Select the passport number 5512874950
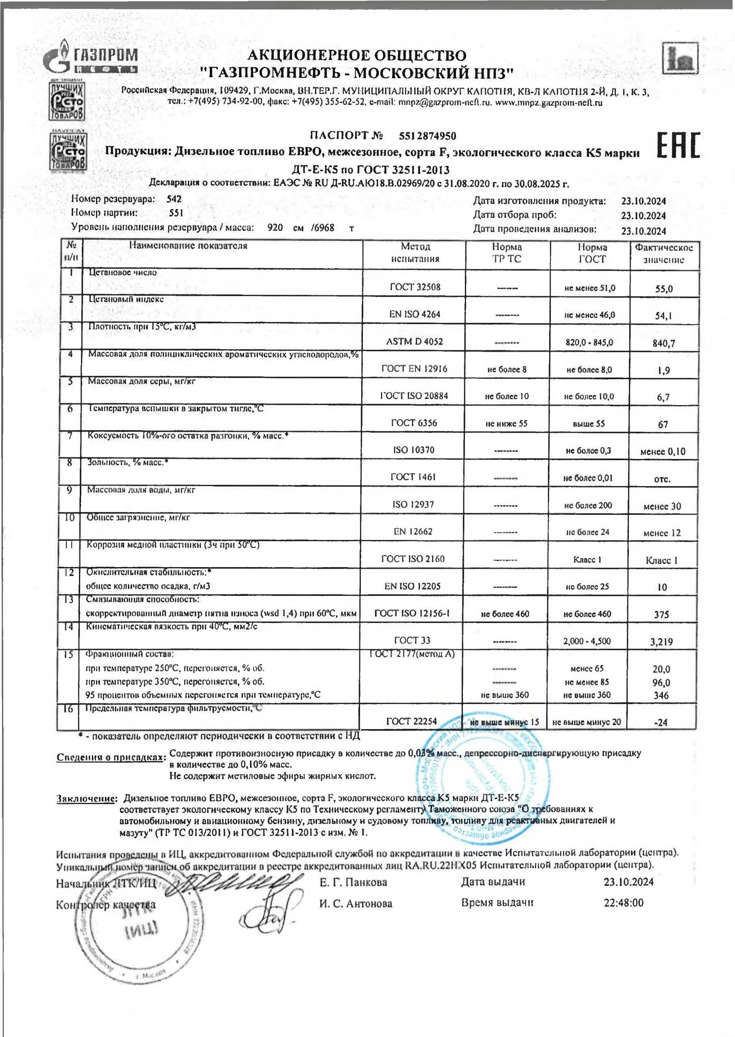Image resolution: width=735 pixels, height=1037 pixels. click(427, 136)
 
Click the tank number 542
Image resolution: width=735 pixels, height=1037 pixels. click(174, 199)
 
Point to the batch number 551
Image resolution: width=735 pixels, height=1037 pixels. click(176, 213)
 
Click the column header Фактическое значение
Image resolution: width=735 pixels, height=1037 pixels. click(663, 254)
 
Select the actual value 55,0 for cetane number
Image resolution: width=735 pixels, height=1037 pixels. click(663, 289)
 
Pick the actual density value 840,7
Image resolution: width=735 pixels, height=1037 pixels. click(663, 343)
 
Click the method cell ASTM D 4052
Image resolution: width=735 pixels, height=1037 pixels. click(414, 342)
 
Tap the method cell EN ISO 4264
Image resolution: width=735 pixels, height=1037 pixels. click(415, 314)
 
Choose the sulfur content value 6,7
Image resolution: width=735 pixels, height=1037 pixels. click(663, 397)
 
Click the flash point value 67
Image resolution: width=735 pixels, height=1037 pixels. click(663, 425)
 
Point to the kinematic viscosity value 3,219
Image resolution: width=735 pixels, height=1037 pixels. click(661, 641)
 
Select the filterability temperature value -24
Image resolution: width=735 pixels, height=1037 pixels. click(661, 722)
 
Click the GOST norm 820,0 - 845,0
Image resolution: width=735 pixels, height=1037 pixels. click(589, 342)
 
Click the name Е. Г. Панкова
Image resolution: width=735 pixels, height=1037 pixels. click(353, 882)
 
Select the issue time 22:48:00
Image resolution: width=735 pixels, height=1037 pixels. click(623, 903)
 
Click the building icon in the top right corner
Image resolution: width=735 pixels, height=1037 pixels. click(680, 58)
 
